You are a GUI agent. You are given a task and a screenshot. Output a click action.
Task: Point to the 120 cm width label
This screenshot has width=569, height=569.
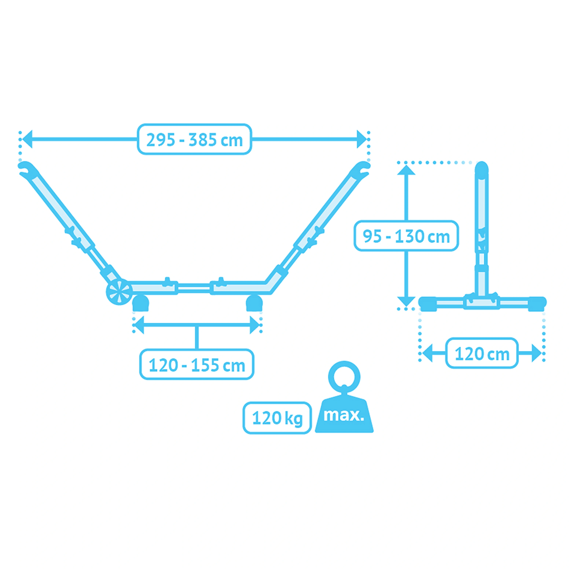[x=482, y=353]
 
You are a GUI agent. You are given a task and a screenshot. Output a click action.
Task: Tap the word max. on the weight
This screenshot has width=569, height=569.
[x=344, y=415]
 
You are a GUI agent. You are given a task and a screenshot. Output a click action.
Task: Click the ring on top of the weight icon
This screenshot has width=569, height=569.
[x=344, y=377]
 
